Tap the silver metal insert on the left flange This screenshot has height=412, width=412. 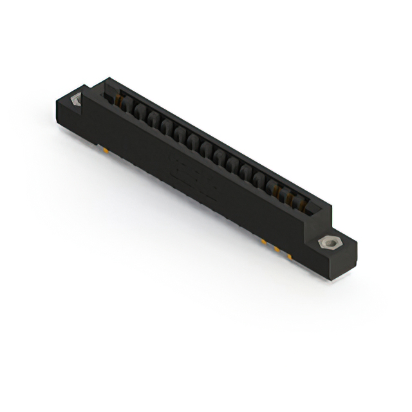click(75, 100)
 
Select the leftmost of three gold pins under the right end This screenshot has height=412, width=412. click(264, 241)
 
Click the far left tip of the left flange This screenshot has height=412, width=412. click(55, 103)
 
